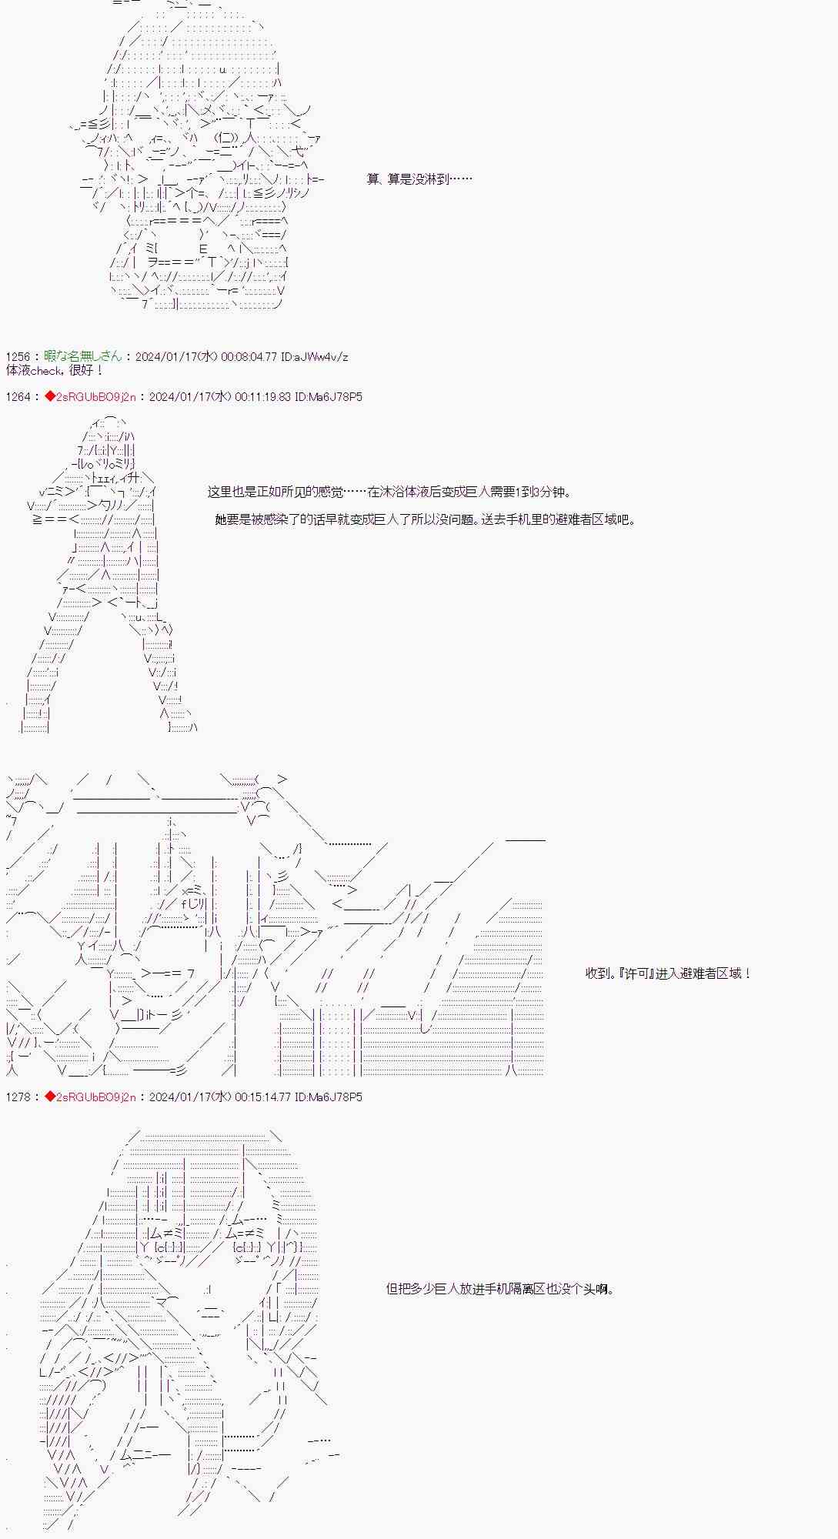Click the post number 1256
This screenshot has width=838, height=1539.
pos(18,357)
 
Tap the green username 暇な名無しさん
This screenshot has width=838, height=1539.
pos(83,357)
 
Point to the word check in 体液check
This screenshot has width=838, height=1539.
pos(52,370)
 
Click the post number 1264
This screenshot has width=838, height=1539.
pos(18,397)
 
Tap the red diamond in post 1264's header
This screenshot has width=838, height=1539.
pos(49,397)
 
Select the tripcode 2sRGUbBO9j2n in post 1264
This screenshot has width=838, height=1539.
pos(96,397)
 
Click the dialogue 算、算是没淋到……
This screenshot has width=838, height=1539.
pos(419,179)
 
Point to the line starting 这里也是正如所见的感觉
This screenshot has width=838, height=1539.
pos(389,492)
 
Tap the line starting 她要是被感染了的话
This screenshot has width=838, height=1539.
pos(426,520)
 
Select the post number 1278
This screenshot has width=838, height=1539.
pos(18,1097)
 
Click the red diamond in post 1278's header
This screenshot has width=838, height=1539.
pos(49,1097)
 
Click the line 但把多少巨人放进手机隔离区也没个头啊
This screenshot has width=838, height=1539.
pos(500,1289)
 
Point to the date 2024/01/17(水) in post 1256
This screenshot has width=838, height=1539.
pos(176,357)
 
